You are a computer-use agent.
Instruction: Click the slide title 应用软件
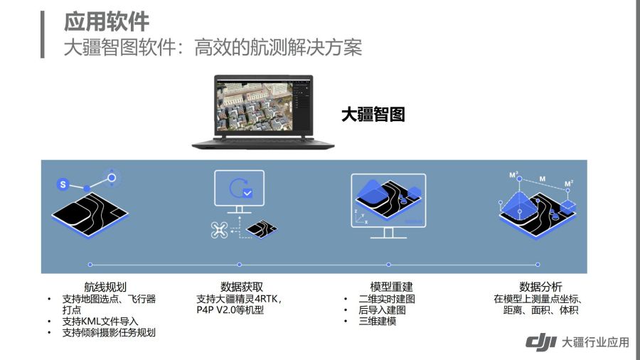click(107, 22)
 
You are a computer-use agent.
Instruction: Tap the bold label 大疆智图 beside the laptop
click(373, 115)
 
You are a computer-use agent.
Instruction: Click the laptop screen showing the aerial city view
click(263, 106)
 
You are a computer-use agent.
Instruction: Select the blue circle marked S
click(63, 184)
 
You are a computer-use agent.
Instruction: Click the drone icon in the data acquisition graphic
click(219, 230)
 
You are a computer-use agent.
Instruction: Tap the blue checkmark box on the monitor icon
click(247, 193)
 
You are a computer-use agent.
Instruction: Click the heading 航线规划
click(105, 287)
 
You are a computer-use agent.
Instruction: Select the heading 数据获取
click(242, 287)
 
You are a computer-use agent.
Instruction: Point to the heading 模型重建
click(391, 287)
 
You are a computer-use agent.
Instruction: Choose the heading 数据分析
click(540, 287)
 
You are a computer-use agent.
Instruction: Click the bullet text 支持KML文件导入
click(100, 321)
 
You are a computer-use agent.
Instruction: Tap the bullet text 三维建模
click(377, 321)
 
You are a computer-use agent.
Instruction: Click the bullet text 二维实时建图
click(387, 299)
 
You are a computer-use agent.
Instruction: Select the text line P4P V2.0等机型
click(230, 309)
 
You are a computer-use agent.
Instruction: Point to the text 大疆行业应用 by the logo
click(595, 342)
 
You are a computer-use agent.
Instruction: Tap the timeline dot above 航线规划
click(90, 265)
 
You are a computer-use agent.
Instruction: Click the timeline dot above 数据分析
click(538, 265)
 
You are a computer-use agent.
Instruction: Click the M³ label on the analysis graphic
click(513, 175)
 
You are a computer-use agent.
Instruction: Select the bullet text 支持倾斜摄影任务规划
click(109, 333)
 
